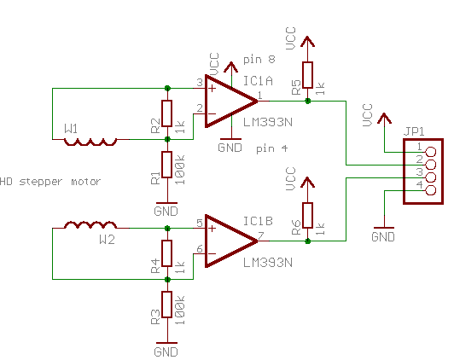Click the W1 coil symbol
tap(90, 142)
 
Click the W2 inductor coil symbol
tap(90, 224)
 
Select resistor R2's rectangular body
tap(166, 113)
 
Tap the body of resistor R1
tap(166, 165)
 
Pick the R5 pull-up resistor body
tap(307, 75)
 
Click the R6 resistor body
tap(307, 215)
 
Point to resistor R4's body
tap(166, 253)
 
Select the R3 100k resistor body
tap(166, 305)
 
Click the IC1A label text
tap(258, 81)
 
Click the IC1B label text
tap(258, 221)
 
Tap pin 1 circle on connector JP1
tap(431, 151)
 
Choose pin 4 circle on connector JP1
tap(431, 190)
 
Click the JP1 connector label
tap(414, 131)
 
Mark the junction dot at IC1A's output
tap(308, 101)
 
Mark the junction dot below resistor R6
tap(308, 241)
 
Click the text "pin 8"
tap(259, 60)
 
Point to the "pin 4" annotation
tap(272, 149)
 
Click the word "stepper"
tap(41, 182)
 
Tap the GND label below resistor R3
tap(166, 352)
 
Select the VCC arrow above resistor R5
tap(307, 42)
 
